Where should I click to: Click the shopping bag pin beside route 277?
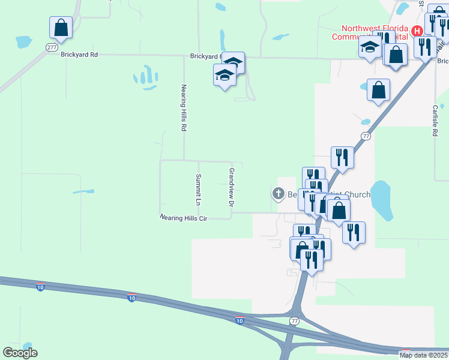[x=61, y=28]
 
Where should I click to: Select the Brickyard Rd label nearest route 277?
[x=79, y=54]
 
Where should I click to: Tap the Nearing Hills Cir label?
[x=183, y=218]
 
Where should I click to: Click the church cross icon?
[x=278, y=193]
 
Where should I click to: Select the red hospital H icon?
[x=415, y=29]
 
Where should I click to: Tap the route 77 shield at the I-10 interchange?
[x=294, y=321]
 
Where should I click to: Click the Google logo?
[x=20, y=353]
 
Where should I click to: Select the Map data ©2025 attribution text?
[x=424, y=355]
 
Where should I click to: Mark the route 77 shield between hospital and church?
[x=366, y=136]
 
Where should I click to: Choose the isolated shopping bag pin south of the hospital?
[x=379, y=91]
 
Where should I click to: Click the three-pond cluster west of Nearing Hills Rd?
[x=143, y=76]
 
